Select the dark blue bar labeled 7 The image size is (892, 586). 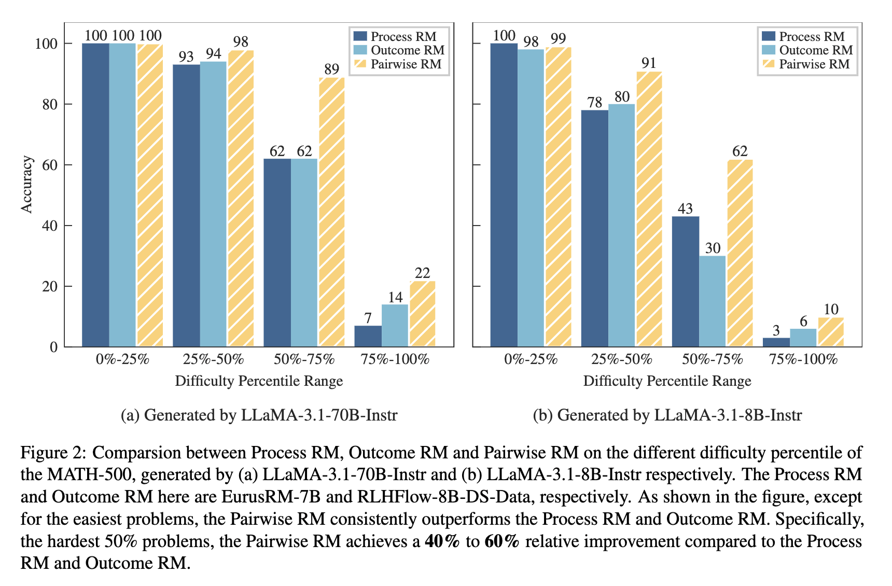click(368, 336)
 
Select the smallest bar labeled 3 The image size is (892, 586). click(776, 342)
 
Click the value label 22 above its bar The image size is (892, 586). click(422, 273)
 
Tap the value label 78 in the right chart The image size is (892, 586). click(594, 103)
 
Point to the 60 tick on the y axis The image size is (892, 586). click(49, 165)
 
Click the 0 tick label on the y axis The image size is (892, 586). click(53, 347)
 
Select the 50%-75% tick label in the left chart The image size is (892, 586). click(304, 359)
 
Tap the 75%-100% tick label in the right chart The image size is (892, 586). click(803, 359)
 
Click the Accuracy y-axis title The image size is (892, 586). click(26, 184)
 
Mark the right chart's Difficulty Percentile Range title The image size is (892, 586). click(667, 381)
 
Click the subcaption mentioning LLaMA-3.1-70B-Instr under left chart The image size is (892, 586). click(259, 415)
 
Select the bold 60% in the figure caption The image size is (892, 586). click(501, 541)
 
